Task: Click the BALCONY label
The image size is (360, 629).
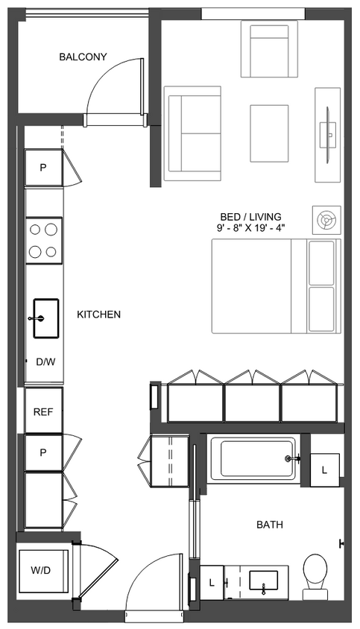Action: pyautogui.click(x=83, y=57)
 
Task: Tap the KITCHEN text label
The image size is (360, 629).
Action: pyautogui.click(x=98, y=314)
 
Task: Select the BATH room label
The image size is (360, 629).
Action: pyautogui.click(x=269, y=525)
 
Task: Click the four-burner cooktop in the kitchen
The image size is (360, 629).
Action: pyautogui.click(x=44, y=241)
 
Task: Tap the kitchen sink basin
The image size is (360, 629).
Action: pyautogui.click(x=45, y=318)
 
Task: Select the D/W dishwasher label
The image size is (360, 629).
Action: pyautogui.click(x=45, y=362)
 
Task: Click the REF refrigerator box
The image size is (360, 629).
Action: pyautogui.click(x=43, y=411)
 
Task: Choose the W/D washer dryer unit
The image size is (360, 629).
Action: pyautogui.click(x=41, y=571)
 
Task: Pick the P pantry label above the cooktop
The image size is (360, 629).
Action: pyautogui.click(x=43, y=168)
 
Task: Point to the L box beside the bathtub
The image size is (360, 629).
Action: pyautogui.click(x=324, y=469)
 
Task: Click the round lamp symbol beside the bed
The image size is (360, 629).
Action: pyautogui.click(x=326, y=219)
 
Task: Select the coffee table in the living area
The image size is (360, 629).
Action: pyautogui.click(x=269, y=133)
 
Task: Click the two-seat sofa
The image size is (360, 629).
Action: pyautogui.click(x=193, y=133)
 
